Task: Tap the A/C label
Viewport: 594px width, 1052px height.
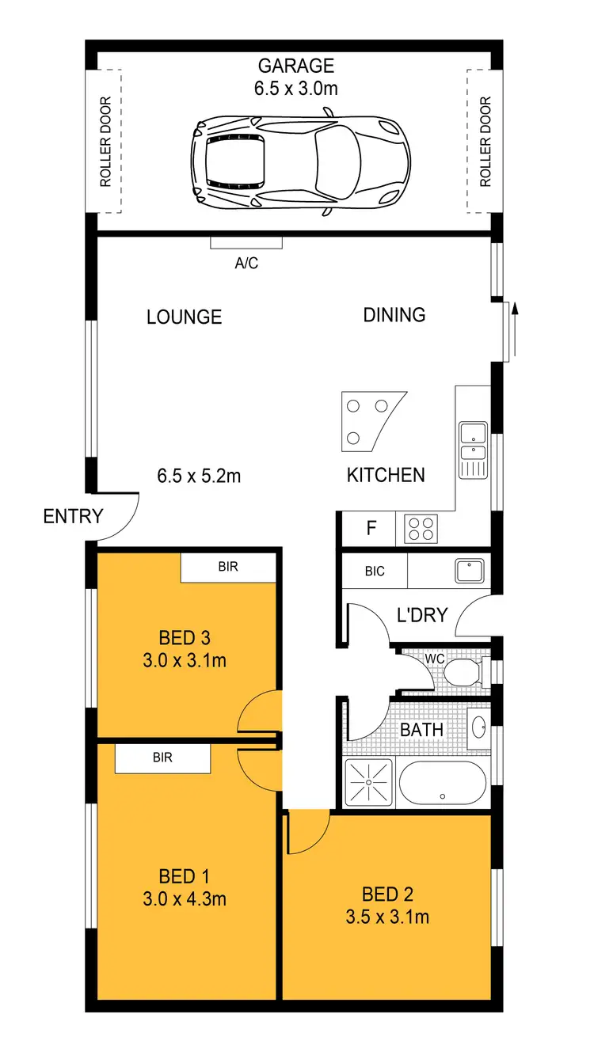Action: click(x=246, y=264)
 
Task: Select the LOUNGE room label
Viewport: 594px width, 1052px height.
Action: click(x=184, y=317)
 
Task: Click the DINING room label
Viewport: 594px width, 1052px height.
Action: click(x=394, y=315)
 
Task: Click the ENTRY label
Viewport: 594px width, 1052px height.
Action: click(x=73, y=517)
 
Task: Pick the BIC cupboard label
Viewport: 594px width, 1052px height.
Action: click(x=375, y=570)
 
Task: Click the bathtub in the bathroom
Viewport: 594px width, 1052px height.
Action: click(x=442, y=782)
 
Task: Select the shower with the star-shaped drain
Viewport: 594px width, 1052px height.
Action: click(x=369, y=782)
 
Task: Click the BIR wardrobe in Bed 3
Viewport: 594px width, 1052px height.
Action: click(x=228, y=567)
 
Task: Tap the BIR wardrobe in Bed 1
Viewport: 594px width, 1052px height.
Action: click(x=162, y=758)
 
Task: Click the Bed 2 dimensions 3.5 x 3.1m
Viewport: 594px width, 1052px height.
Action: click(x=387, y=917)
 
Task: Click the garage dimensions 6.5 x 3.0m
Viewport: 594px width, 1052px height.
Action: click(x=295, y=89)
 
